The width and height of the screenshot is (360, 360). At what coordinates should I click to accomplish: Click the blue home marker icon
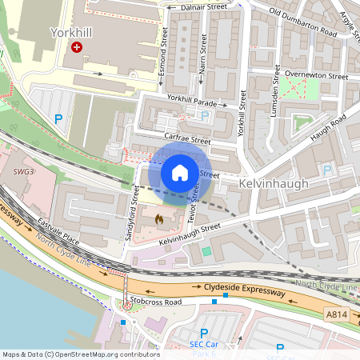(x=180, y=173)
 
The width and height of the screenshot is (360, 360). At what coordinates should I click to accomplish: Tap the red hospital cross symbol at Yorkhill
(x=77, y=48)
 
